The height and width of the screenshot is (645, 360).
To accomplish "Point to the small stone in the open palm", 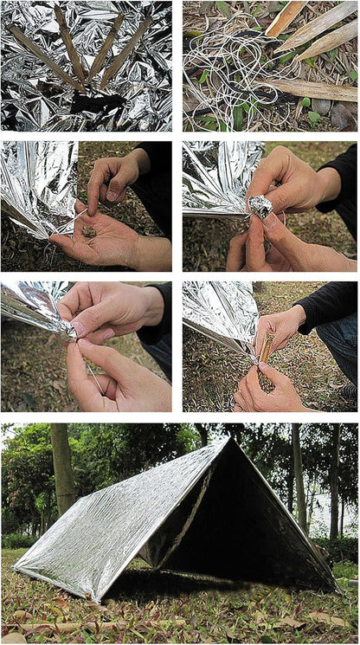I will point(88,232).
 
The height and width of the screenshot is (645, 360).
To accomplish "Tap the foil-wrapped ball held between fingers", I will point(260,206).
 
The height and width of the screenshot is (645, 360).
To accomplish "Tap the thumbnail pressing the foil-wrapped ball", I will point(269,222).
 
